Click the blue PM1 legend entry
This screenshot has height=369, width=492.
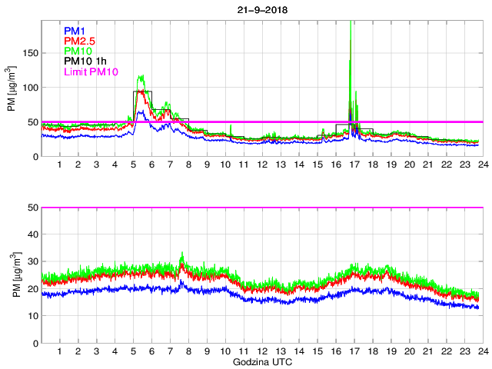(75, 31)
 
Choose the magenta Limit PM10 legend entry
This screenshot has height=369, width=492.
(91, 71)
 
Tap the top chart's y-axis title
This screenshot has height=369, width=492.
(11, 88)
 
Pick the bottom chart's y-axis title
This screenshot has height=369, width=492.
(11, 274)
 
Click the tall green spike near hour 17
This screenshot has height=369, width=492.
(351, 31)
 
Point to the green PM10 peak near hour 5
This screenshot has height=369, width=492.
(141, 76)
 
